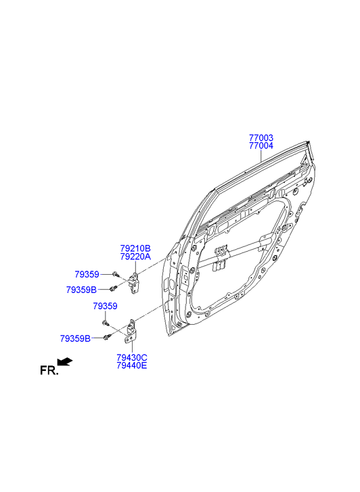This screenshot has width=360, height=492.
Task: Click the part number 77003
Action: point(261,138)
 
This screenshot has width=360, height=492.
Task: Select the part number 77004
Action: point(261,146)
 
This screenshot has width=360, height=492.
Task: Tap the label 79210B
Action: point(135,248)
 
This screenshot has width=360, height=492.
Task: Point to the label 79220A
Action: point(135,256)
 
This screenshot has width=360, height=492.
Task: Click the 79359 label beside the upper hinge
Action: point(87,274)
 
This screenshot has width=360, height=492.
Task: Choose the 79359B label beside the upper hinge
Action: point(81,290)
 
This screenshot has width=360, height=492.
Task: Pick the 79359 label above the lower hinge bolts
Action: point(105,306)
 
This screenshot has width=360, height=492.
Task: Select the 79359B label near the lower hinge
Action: point(75,338)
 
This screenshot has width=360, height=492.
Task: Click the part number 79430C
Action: point(132,357)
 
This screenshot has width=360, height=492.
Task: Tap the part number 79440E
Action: point(132,365)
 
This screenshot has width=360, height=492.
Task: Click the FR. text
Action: point(49,371)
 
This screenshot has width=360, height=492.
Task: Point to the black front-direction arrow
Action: point(65,362)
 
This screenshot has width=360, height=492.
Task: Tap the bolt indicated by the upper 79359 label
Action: point(116,274)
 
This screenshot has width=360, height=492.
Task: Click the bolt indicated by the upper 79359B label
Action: point(113,288)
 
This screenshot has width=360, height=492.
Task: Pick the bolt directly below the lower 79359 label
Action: point(106,323)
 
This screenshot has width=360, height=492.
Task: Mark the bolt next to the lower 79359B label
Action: point(107,336)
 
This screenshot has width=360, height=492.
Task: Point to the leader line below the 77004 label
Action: point(261,156)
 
